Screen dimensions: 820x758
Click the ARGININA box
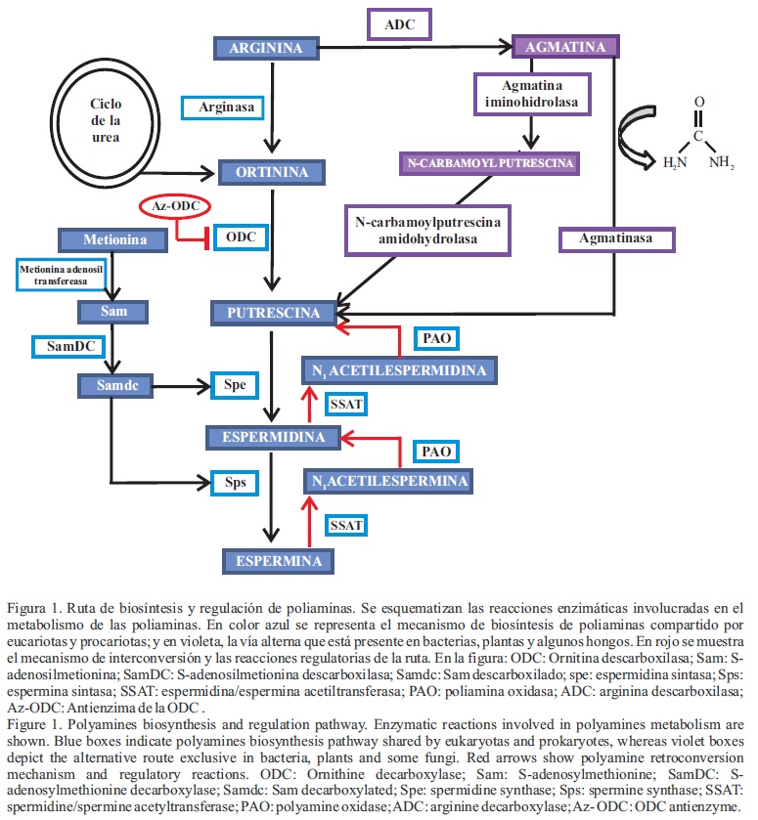pyautogui.click(x=265, y=47)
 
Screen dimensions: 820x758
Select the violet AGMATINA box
pyautogui.click(x=565, y=46)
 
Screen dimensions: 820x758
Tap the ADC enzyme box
pyautogui.click(x=400, y=23)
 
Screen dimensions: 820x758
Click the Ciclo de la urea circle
pyautogui.click(x=105, y=121)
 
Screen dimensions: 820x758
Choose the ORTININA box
pyautogui.click(x=271, y=173)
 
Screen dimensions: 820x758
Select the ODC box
pyautogui.click(x=241, y=238)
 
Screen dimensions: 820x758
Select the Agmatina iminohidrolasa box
pyautogui.click(x=531, y=94)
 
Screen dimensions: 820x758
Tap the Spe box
pyautogui.click(x=234, y=385)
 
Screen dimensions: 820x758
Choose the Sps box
pyautogui.click(x=235, y=482)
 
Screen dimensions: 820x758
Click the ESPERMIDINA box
pyautogui.click(x=273, y=437)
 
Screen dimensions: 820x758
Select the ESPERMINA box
pyautogui.click(x=273, y=561)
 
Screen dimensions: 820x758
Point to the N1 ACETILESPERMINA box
pyautogui.click(x=387, y=480)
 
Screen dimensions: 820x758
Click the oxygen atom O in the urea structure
pyautogui.click(x=698, y=101)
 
